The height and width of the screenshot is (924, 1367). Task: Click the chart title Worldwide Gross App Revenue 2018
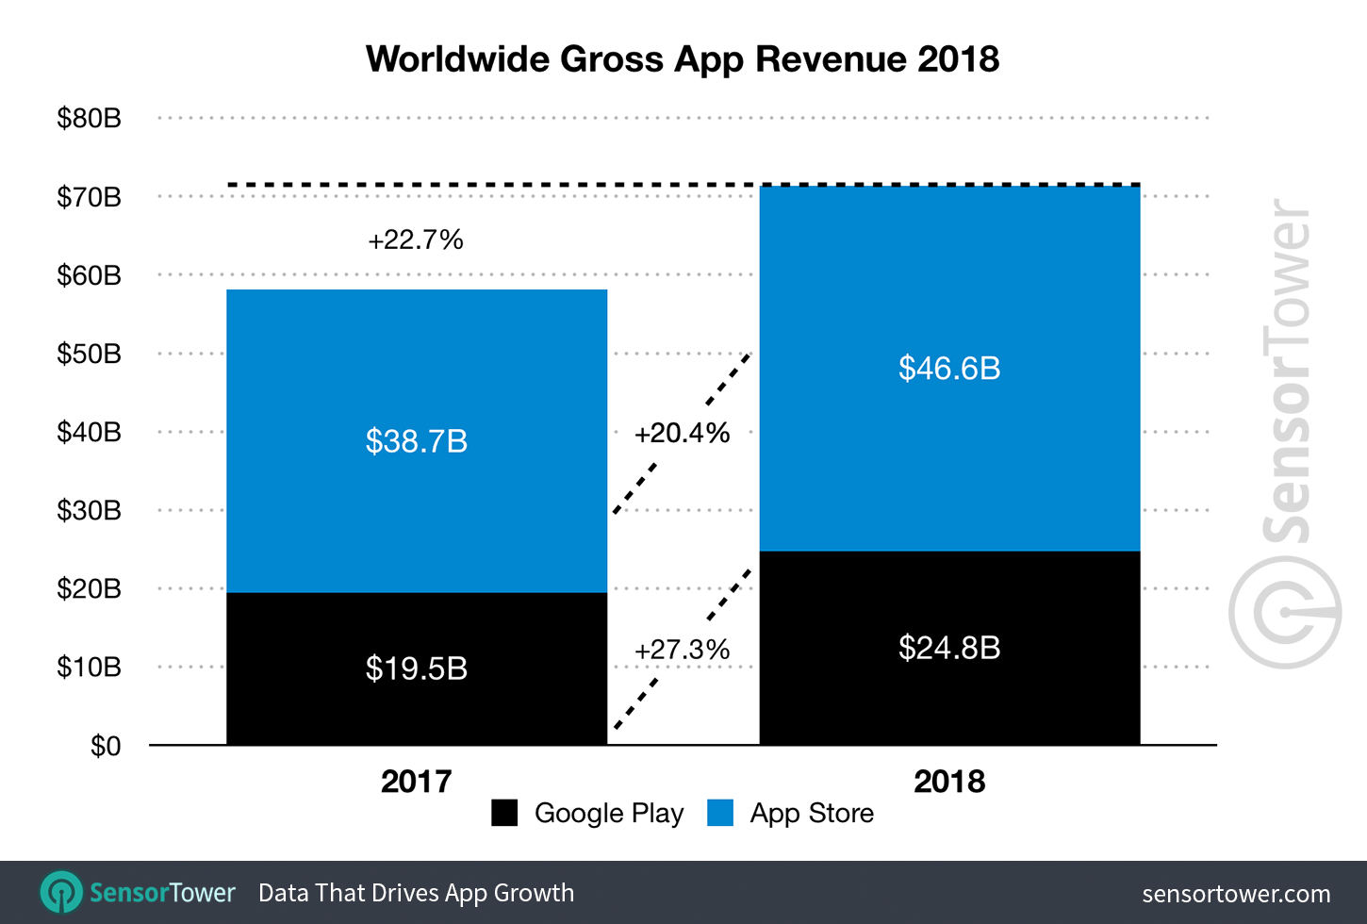tap(683, 59)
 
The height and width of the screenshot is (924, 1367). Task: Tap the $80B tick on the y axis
tap(90, 119)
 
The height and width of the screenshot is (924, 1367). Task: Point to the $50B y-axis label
tap(90, 354)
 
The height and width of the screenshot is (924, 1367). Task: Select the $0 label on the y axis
tap(106, 746)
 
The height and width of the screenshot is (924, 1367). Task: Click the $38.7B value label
tap(417, 441)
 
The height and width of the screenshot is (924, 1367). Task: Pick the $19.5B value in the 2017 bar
tap(417, 668)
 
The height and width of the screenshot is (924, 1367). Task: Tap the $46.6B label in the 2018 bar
tap(949, 368)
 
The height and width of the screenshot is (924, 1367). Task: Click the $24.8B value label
tap(949, 648)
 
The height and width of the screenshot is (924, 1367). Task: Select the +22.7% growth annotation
tap(416, 240)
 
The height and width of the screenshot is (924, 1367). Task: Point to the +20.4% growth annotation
tap(683, 434)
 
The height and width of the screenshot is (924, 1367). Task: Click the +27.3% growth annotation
tap(683, 651)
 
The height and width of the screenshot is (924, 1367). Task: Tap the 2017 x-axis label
tap(417, 782)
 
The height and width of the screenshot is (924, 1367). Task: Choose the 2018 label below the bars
tap(949, 782)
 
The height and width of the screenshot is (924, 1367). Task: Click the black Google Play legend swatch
tap(504, 813)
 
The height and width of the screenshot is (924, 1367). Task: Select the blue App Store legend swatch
tap(720, 813)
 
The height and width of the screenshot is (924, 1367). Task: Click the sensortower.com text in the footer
tap(1236, 894)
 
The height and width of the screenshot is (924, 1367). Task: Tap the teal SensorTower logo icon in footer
tap(61, 892)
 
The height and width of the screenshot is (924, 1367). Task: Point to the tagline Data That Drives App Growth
tap(416, 893)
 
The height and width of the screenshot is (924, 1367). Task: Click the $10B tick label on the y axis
tap(90, 668)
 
